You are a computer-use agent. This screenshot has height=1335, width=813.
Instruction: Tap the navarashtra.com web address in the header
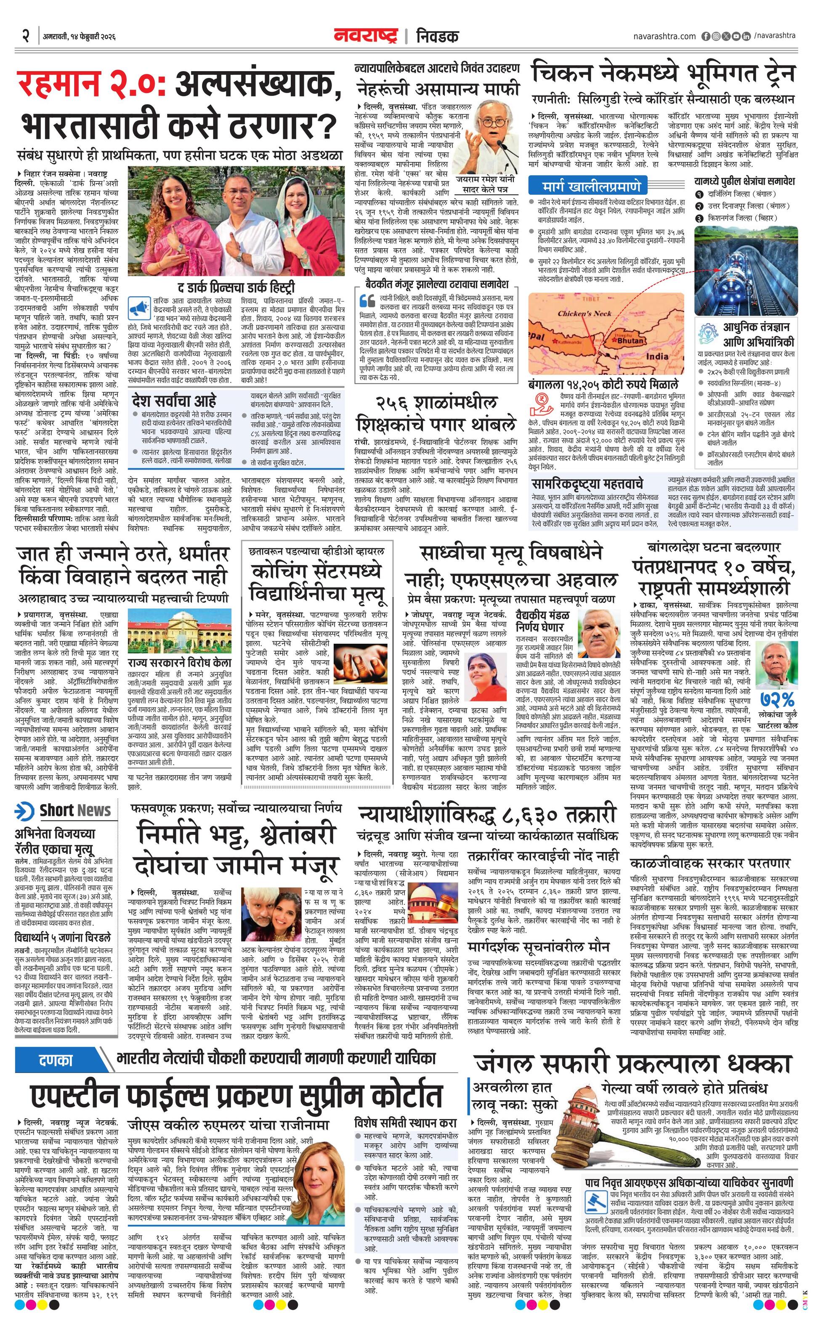click(664, 36)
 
